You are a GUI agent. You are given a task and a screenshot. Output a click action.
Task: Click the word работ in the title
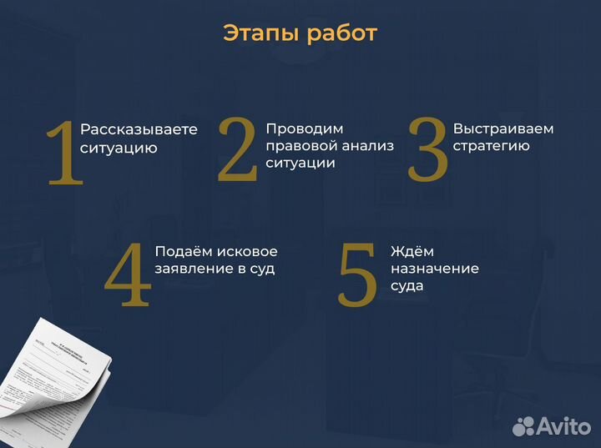point(342,34)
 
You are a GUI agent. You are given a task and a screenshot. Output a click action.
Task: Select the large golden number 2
point(237,149)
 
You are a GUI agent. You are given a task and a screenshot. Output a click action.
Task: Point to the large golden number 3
point(427,149)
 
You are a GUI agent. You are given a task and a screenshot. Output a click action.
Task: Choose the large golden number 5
point(358,275)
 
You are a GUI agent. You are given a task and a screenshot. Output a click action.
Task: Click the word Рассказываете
point(139,129)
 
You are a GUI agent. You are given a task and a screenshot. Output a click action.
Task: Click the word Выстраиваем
point(503,129)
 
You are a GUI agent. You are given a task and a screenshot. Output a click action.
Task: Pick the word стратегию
point(491,146)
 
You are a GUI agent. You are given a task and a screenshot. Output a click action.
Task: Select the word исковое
point(247,251)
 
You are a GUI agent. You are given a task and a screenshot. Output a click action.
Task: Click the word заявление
point(194,269)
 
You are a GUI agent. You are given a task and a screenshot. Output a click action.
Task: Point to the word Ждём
point(412,251)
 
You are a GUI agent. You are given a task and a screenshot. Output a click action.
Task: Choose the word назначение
point(435,269)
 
